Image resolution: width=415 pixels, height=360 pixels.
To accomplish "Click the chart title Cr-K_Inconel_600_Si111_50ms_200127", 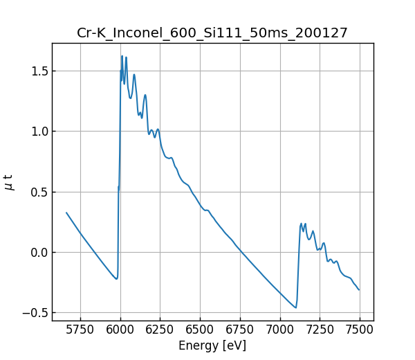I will click(x=212, y=33).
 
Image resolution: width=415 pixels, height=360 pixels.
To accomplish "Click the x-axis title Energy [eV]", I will click(x=212, y=345).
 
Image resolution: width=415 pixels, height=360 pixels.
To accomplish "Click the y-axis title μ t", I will click(x=9, y=182).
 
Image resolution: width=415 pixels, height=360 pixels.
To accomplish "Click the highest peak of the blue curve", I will click(x=122, y=56).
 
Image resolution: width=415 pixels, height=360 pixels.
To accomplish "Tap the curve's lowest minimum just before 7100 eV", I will click(x=295, y=307).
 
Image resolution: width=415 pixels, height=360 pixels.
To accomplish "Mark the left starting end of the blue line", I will click(x=66, y=213).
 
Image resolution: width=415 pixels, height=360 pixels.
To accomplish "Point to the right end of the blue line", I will click(x=359, y=289).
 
